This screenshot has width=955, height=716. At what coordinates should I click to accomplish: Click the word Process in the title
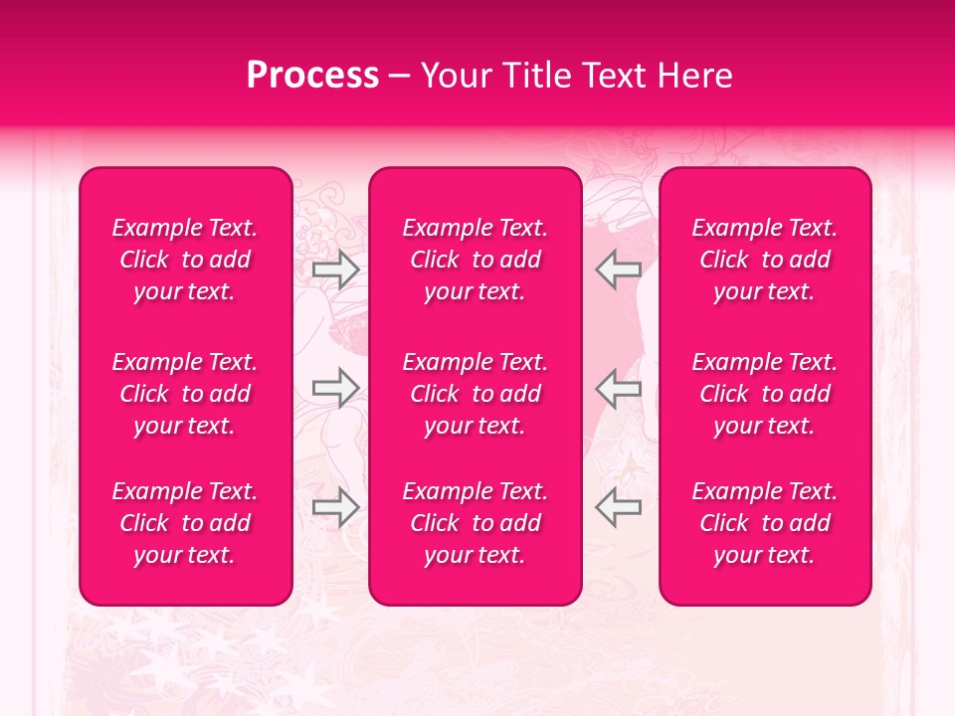coord(312,76)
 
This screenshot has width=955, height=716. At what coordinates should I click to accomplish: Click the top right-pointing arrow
coord(335,268)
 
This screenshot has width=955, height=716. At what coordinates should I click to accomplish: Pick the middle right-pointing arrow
coord(335,388)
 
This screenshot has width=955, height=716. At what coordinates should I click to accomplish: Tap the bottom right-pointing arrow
coord(335,507)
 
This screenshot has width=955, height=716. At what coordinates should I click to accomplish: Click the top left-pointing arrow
coord(618,268)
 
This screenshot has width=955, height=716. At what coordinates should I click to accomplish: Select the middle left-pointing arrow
coord(618,388)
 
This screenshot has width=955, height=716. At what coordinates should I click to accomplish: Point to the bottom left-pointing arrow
coord(618,507)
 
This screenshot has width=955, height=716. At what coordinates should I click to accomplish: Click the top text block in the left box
coord(185,260)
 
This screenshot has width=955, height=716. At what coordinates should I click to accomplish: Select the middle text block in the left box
coord(185,394)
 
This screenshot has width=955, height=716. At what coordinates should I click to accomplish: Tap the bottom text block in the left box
coord(185,523)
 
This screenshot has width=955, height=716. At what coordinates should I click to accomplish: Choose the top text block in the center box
coord(476,260)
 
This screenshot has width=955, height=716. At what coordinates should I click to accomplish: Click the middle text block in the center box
coord(476,394)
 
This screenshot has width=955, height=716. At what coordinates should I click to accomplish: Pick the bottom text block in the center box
coord(476,523)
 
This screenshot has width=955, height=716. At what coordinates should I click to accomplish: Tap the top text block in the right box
coord(765,260)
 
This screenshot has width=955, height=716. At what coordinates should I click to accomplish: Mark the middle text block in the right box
coord(765,394)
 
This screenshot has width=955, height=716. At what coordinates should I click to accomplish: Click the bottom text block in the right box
coord(765,523)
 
